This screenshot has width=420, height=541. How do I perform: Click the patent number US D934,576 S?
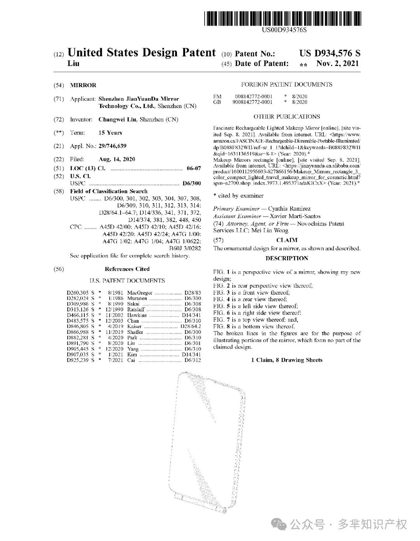[x=330, y=53]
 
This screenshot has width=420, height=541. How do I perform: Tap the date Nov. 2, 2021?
[x=338, y=64]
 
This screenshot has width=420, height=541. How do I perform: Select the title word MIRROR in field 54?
[x=83, y=85]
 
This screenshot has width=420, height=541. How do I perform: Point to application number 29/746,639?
[x=112, y=146]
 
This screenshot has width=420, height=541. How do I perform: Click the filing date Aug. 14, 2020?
[x=117, y=159]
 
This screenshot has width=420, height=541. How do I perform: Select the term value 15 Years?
[x=110, y=133]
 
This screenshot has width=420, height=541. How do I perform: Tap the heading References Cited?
[x=127, y=269]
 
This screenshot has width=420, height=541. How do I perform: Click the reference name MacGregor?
[x=140, y=293]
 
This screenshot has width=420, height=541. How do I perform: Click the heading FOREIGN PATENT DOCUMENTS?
[x=287, y=84]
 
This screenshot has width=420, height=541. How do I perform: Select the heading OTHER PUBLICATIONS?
[x=287, y=117]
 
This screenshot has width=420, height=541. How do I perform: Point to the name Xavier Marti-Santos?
[x=295, y=216]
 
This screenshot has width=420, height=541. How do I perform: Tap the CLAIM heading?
[x=287, y=240]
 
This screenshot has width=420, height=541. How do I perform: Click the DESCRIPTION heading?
[x=287, y=258]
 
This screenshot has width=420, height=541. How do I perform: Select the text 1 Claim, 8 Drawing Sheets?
[x=287, y=360]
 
